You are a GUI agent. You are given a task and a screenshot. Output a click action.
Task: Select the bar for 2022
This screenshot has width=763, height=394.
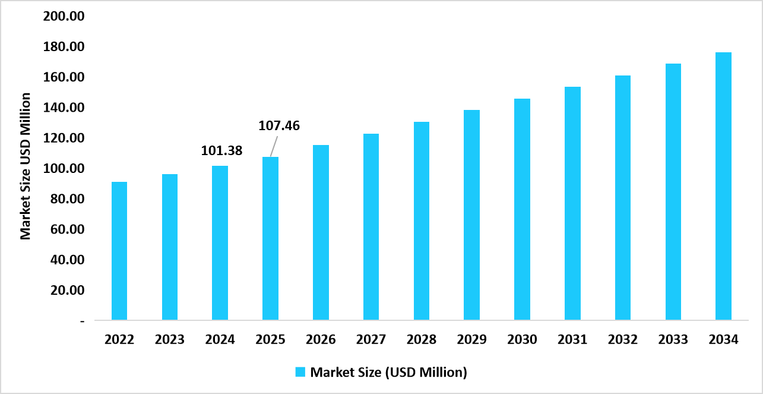point(119,251)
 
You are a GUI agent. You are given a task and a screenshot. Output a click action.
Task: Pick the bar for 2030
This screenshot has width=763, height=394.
point(522,209)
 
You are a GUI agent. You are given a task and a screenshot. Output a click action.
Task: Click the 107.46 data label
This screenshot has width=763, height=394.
point(279,126)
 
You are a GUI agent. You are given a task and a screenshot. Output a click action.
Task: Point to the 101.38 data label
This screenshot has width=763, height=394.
point(221,151)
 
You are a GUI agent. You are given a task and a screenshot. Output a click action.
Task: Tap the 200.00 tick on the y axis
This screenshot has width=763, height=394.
point(64,16)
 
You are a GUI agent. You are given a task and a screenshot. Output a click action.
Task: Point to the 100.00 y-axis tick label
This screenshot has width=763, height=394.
point(64,168)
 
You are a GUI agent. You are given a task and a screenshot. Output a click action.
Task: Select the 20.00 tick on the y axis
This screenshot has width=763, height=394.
point(67,290)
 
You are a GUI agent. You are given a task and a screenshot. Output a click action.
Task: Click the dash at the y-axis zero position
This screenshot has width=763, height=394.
point(83,321)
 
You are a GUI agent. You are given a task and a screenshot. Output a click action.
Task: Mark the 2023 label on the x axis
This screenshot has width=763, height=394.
point(170,340)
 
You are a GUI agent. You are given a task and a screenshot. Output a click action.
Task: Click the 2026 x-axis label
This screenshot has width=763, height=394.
point(321,340)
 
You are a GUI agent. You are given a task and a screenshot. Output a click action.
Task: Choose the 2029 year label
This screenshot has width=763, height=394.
point(471,340)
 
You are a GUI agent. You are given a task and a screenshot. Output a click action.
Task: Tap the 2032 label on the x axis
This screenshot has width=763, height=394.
point(622,340)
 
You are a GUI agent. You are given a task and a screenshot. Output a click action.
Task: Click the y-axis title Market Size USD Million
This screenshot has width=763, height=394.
point(26,166)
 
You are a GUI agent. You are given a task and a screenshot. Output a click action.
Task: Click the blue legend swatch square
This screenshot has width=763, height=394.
point(300,373)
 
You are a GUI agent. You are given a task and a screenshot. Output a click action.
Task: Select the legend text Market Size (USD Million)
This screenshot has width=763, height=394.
point(389,373)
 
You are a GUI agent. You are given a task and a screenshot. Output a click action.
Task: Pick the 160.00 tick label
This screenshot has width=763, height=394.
point(64,77)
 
